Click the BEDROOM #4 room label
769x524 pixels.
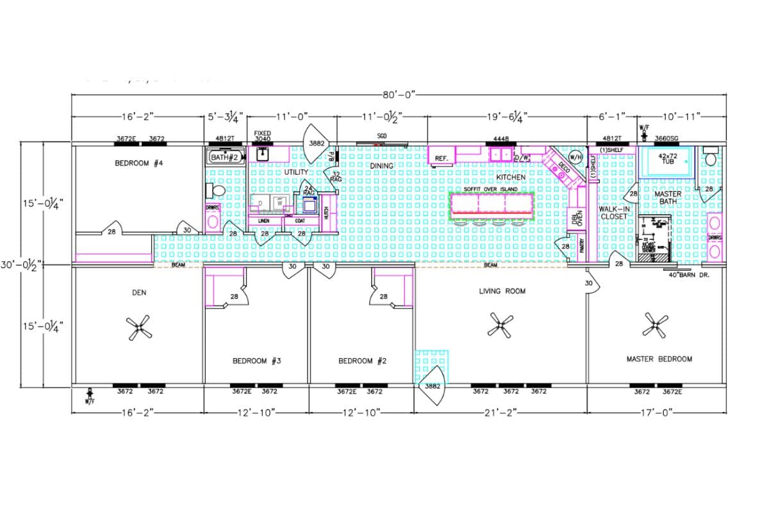coord(139,163)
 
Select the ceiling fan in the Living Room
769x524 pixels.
coord(500,325)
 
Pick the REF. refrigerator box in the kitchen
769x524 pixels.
coord(442,158)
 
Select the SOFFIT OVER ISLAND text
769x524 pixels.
coord(491,190)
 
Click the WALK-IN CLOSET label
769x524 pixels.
coord(614,213)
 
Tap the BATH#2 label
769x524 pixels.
coord(226,157)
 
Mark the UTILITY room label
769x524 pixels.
coord(297,172)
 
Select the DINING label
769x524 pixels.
coord(381,166)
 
